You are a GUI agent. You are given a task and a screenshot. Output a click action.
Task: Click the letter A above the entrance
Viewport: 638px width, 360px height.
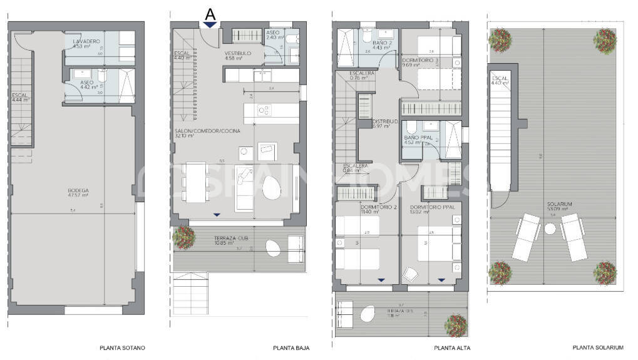pyautogui.click(x=210, y=13)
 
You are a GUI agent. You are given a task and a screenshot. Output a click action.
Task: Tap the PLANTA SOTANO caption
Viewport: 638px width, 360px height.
pyautogui.click(x=122, y=347)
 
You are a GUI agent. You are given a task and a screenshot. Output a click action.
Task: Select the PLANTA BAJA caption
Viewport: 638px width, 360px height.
pyautogui.click(x=291, y=347)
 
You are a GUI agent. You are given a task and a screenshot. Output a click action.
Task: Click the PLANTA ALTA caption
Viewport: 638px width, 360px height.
pyautogui.click(x=452, y=347)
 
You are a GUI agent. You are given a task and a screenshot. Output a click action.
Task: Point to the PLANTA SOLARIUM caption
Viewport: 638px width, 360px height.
pyautogui.click(x=598, y=347)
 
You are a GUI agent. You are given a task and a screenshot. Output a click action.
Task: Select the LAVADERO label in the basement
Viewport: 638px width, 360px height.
pyautogui.click(x=85, y=41)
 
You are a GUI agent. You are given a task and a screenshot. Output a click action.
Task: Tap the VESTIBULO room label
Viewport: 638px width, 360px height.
pyautogui.click(x=238, y=54)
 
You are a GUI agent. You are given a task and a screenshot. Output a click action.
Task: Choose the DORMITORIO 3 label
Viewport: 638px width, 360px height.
pyautogui.click(x=421, y=59)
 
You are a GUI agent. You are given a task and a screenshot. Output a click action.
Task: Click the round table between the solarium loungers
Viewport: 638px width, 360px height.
pyautogui.click(x=550, y=230)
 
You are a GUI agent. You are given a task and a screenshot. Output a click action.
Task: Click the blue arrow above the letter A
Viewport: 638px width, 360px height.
pyautogui.click(x=210, y=25)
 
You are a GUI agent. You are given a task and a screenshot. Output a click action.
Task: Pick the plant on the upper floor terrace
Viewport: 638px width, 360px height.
pyautogui.click(x=455, y=325)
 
